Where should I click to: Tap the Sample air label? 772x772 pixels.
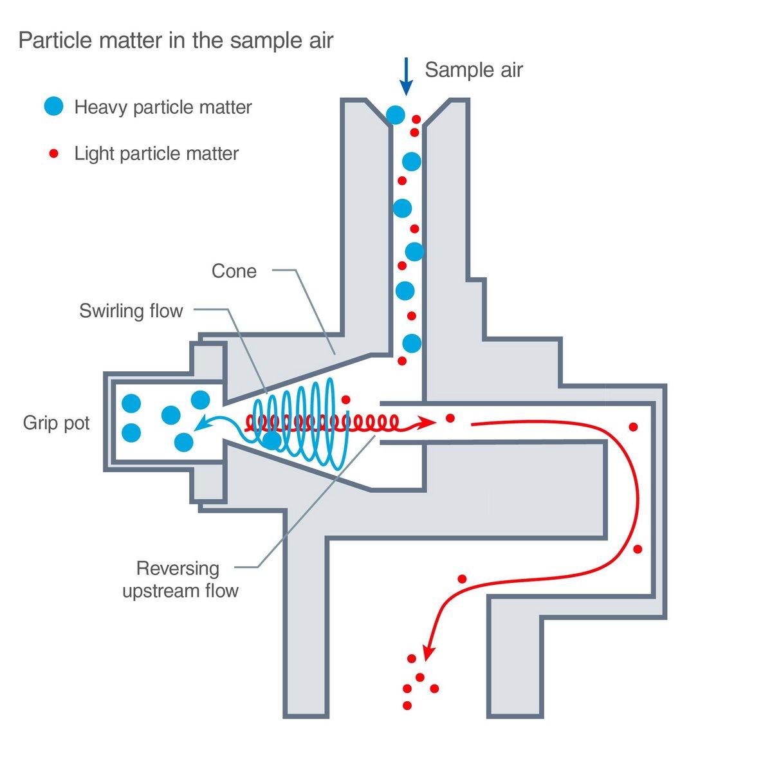[473, 69]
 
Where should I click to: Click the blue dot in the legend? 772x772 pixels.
[54, 106]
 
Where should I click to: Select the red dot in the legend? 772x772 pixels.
[54, 154]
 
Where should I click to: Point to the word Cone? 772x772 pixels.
[234, 271]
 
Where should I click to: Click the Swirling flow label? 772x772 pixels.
[131, 311]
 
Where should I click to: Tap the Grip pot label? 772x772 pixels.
[57, 423]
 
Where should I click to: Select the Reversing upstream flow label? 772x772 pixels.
[180, 579]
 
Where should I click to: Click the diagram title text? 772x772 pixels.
[176, 41]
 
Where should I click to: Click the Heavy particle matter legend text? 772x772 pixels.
[163, 107]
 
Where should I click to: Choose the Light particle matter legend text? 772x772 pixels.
[156, 154]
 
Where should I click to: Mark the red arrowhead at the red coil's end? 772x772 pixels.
[427, 423]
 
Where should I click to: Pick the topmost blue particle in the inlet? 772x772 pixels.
[396, 115]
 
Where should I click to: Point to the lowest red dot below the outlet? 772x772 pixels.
[407, 706]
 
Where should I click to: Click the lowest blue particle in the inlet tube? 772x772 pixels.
[411, 343]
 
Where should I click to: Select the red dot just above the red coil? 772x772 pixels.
[345, 399]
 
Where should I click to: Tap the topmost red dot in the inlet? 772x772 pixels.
[416, 120]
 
